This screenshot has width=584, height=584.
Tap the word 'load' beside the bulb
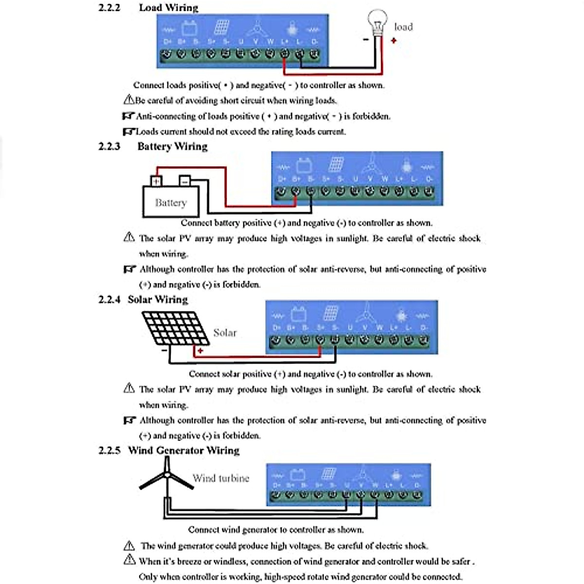[403, 27]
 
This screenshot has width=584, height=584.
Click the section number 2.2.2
[109, 8]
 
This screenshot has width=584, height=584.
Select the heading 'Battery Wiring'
[172, 146]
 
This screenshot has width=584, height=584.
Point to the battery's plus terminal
[156, 182]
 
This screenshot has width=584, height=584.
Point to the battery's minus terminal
[184, 181]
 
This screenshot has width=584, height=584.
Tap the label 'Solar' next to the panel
[225, 333]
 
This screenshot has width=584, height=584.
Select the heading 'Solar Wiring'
[158, 299]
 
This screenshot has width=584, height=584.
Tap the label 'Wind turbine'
[221, 478]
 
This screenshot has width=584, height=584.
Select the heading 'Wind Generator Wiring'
[184, 450]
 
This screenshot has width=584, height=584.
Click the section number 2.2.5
[109, 450]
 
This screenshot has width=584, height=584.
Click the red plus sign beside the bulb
[394, 40]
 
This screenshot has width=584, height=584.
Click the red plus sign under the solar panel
[200, 350]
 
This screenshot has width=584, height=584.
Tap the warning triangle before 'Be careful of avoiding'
[128, 100]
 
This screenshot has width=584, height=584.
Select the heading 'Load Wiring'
[168, 8]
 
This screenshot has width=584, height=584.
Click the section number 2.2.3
[109, 146]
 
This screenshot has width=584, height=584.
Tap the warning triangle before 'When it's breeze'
[129, 560]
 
